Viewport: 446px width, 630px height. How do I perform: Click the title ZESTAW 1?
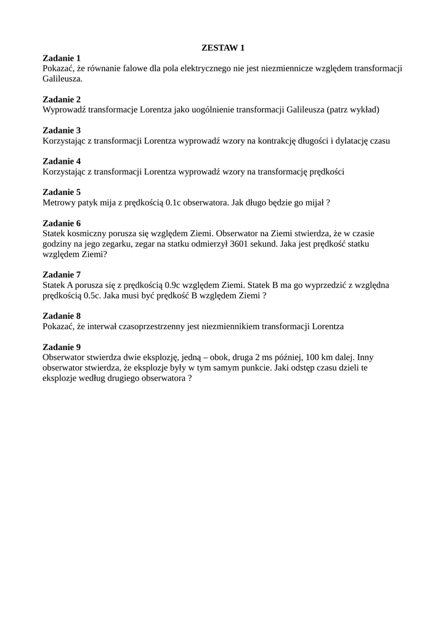click(x=223, y=47)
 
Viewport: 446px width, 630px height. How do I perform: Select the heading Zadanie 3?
click(x=62, y=130)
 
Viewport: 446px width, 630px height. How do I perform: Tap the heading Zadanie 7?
click(x=62, y=274)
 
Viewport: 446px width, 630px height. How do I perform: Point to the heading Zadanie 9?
click(x=62, y=346)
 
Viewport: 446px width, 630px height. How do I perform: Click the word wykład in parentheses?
click(x=363, y=110)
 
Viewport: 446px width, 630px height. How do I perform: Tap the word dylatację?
click(x=350, y=140)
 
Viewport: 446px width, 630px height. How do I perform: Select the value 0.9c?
click(x=169, y=285)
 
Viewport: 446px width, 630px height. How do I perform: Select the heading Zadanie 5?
click(x=62, y=192)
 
